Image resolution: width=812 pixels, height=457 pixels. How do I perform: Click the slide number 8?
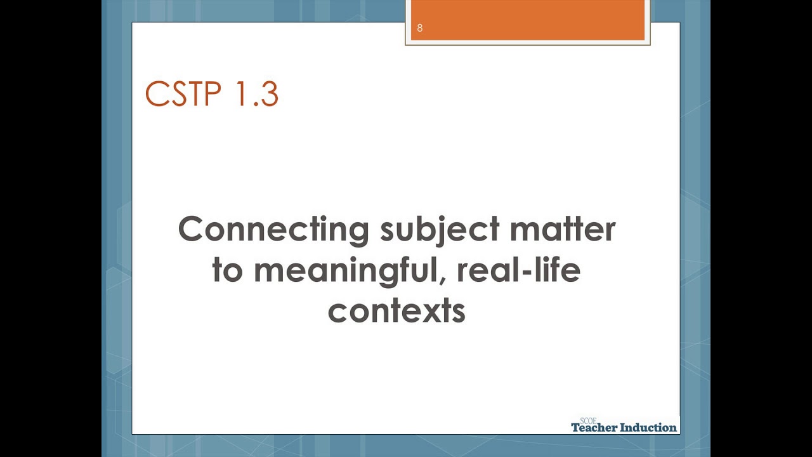click(420, 28)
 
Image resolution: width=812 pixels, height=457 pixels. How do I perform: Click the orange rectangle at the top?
click(528, 20)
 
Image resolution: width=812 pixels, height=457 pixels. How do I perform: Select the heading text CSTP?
click(183, 94)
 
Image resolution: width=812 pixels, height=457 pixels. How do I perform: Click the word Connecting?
click(273, 230)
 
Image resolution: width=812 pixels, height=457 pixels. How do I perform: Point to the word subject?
click(440, 230)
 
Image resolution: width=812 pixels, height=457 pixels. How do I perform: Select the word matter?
click(563, 229)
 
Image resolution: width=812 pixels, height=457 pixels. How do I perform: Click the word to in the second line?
click(227, 270)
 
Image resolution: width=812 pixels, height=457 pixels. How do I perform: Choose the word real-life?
click(519, 270)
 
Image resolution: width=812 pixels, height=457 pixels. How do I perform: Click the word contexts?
click(396, 311)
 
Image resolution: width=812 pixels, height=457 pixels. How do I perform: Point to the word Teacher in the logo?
click(594, 428)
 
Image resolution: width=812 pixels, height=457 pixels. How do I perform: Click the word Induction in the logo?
click(648, 428)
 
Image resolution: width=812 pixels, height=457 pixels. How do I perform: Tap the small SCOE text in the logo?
click(588, 421)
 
